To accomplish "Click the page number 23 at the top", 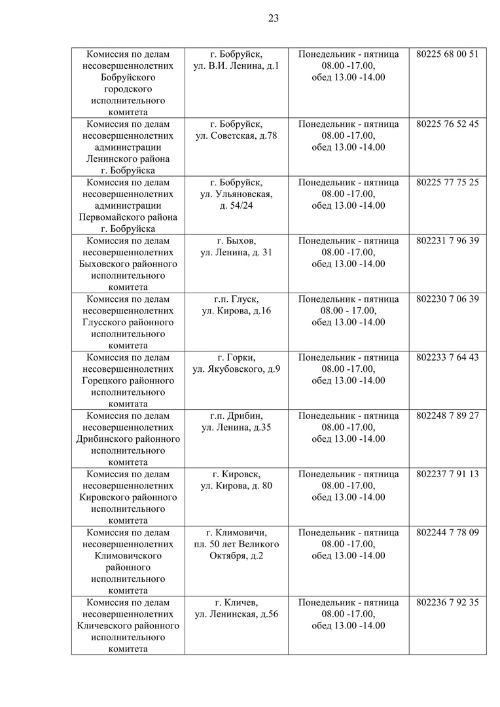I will (x=274, y=18).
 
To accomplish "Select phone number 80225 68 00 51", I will (x=448, y=54).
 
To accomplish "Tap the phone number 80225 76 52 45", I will (x=448, y=124).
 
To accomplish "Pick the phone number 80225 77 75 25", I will (x=448, y=182).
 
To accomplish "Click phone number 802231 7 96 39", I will (x=448, y=240).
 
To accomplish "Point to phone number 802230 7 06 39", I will (x=448, y=299).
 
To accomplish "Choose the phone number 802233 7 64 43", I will (x=448, y=357).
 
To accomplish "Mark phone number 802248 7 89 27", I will (x=448, y=416).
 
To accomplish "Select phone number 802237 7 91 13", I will (x=448, y=474).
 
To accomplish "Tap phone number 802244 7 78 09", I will (x=448, y=532).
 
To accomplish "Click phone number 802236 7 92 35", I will (x=448, y=602).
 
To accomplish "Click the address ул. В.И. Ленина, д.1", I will (x=236, y=65).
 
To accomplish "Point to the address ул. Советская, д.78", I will (x=236, y=136).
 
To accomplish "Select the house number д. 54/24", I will (x=236, y=206).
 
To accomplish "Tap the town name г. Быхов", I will (x=236, y=240).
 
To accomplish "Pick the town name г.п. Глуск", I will (x=236, y=299).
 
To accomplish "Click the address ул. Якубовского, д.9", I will (x=236, y=369).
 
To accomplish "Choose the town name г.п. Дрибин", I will (x=236, y=416).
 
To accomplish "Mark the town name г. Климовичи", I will (x=236, y=532).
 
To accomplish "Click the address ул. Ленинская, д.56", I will (x=236, y=614).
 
